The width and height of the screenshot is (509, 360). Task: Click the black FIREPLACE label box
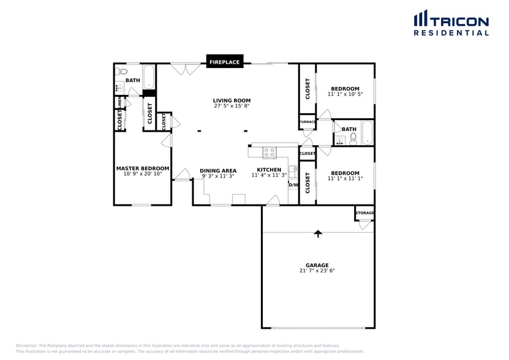[x=224, y=62]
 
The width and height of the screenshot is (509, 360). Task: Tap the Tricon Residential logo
[x=451, y=23]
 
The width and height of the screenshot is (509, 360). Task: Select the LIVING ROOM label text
[x=232, y=100]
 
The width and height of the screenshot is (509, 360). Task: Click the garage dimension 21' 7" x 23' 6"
[x=317, y=271]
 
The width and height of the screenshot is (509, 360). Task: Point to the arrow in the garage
[x=317, y=233]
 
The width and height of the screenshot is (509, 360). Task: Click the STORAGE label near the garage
[x=364, y=212]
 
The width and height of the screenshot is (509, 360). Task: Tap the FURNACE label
[x=307, y=122]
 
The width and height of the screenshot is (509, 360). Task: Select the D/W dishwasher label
[x=293, y=185]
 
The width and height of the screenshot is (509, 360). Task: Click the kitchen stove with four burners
[x=270, y=152]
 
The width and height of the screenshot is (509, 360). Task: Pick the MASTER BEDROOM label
[x=143, y=168]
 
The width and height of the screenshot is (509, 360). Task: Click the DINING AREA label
[x=217, y=171]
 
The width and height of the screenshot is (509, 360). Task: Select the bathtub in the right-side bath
[x=367, y=133]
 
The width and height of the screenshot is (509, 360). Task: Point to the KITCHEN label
[x=269, y=170]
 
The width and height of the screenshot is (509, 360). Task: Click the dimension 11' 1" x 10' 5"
[x=345, y=94]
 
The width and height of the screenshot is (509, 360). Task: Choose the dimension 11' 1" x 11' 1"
[x=345, y=179]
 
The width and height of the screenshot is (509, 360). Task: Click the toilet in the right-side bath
[x=353, y=138]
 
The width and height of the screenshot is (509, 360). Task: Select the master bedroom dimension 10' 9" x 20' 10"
[x=143, y=174]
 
